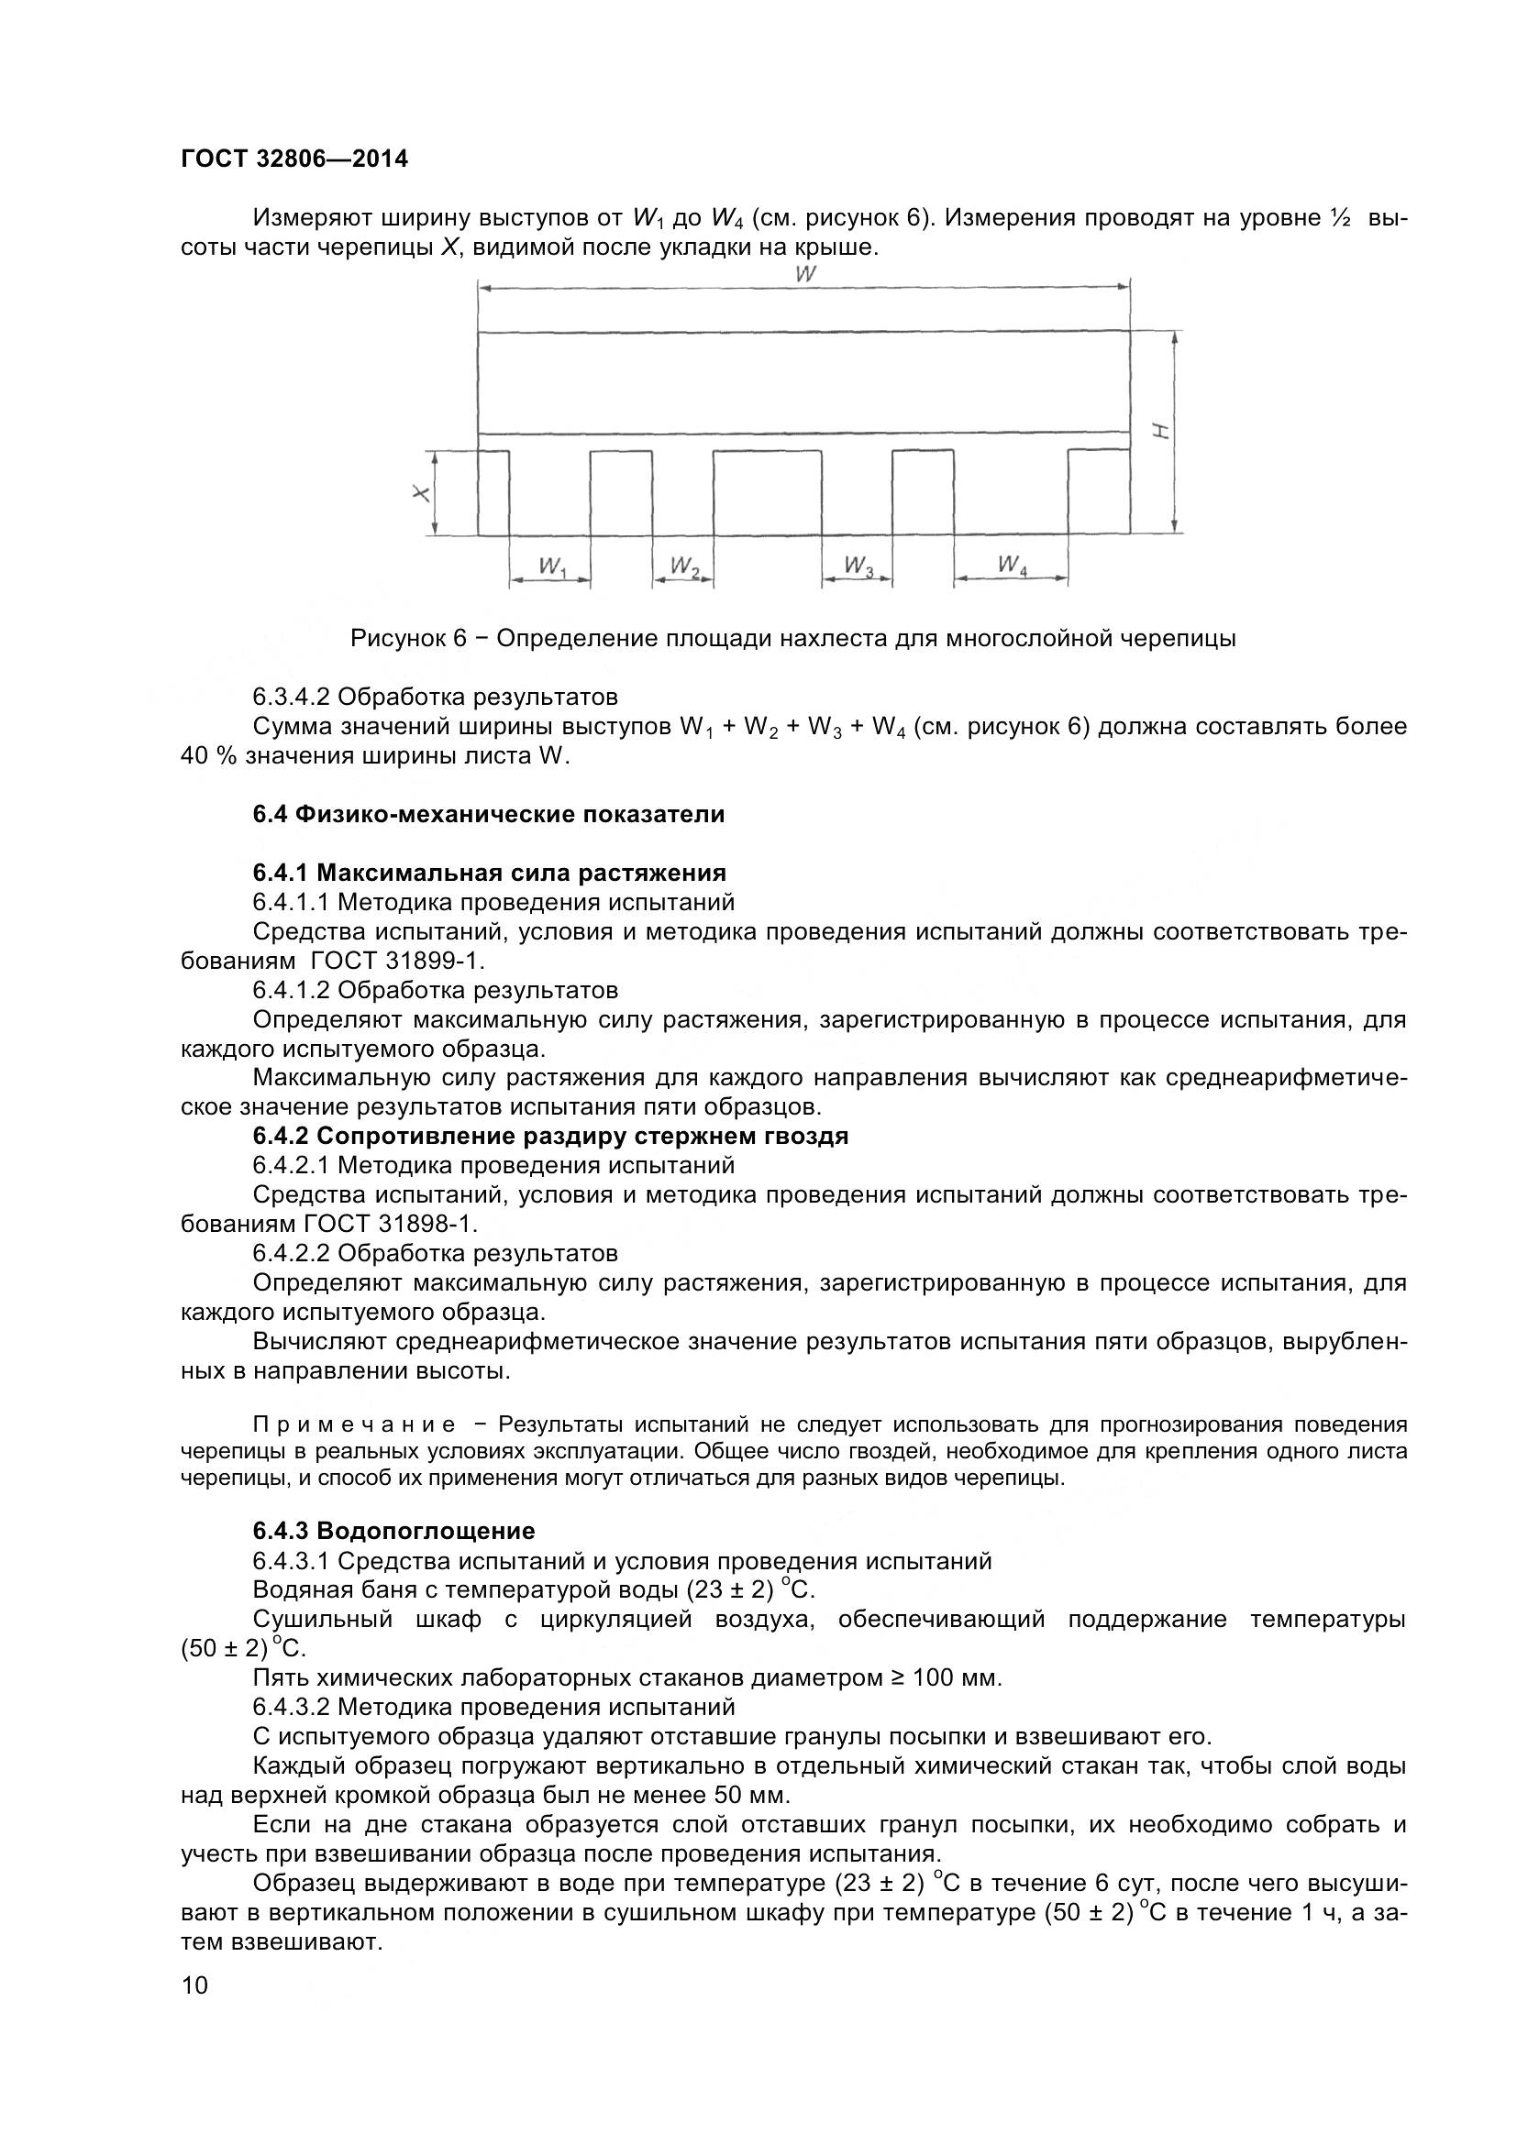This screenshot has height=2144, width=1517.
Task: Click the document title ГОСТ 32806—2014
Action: point(294,159)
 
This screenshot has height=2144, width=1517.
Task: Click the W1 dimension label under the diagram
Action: point(552,566)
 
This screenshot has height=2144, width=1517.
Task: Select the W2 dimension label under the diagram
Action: point(685,566)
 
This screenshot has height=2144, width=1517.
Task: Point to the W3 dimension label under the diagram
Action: point(858,566)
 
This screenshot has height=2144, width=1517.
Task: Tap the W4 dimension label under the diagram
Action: point(1013,566)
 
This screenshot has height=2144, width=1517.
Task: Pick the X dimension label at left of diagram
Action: point(422,494)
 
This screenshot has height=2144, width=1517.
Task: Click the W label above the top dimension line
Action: point(805,275)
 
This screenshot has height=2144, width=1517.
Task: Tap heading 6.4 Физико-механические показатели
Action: point(489,814)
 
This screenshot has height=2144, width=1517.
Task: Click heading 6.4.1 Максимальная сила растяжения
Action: point(489,874)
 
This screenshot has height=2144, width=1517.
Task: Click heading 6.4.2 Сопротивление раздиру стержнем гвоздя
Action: point(550,1137)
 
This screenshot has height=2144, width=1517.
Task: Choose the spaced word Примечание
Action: point(354,1425)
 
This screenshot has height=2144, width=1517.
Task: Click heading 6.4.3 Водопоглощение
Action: point(393,1532)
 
